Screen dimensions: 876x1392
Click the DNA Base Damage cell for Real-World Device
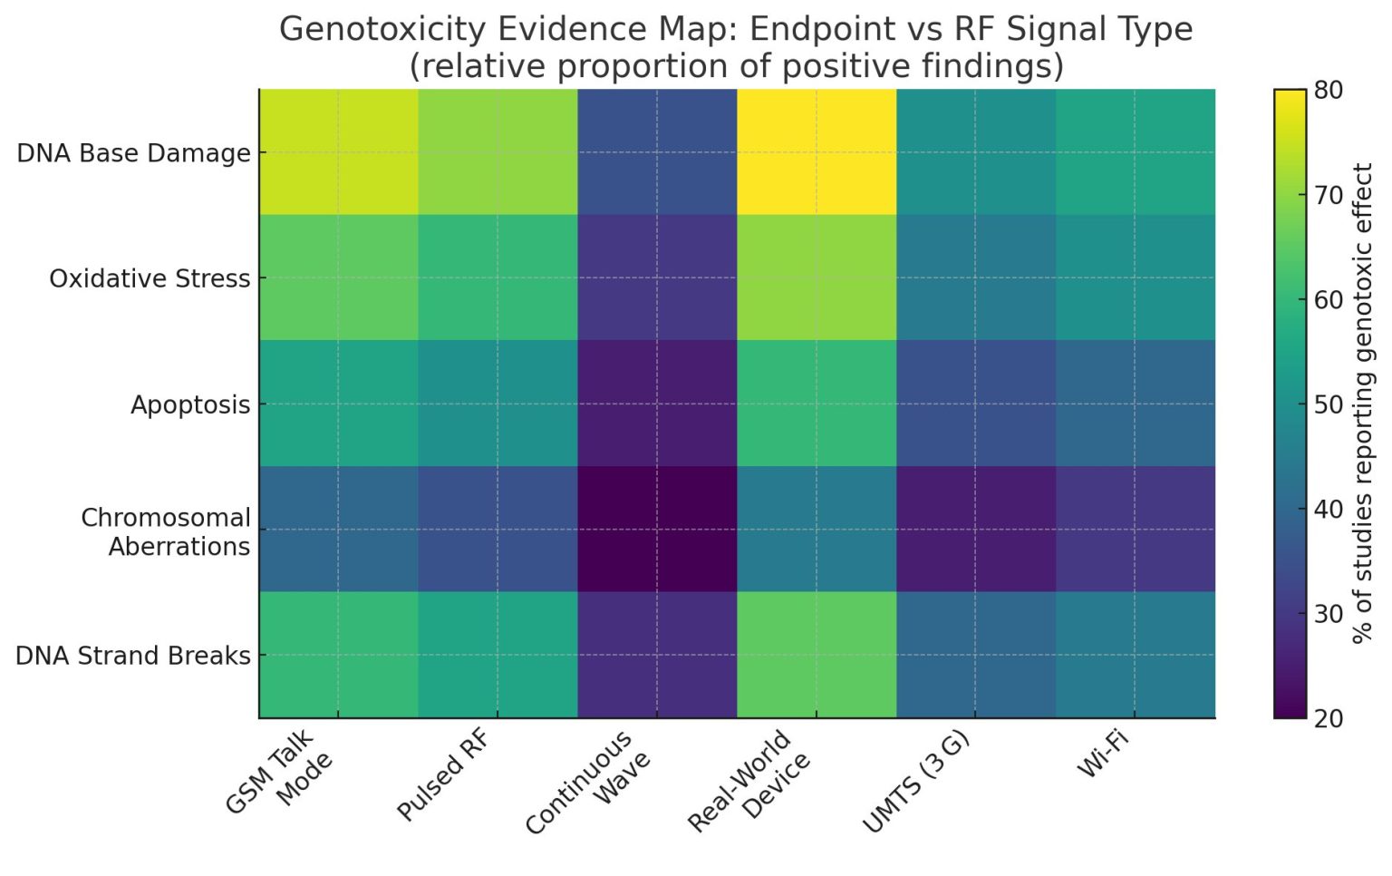pos(816,152)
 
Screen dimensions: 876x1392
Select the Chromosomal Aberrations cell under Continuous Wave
pos(657,529)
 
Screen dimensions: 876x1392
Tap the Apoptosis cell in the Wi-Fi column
pos(1135,404)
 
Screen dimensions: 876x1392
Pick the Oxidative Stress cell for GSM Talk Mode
pos(338,277)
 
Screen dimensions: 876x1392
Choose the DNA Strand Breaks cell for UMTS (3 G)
pos(975,655)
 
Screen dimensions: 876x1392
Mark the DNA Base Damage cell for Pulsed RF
pos(498,152)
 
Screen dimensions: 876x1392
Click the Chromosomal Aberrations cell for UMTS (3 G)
pos(975,529)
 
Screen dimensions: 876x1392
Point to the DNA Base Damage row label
pos(133,153)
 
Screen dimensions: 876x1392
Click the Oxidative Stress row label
pos(150,278)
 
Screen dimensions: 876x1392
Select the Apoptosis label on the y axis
pos(190,404)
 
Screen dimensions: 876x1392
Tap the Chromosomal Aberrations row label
pos(166,531)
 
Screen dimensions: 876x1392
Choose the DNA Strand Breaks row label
pos(133,656)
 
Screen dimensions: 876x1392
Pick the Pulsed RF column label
pos(444,775)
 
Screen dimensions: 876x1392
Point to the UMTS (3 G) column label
pos(916,781)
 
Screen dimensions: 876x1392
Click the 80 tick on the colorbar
pos(1329,90)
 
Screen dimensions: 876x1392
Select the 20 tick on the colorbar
pos(1329,718)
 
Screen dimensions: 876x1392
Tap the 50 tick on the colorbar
pos(1329,404)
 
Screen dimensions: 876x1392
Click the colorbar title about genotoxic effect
pos(1362,404)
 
